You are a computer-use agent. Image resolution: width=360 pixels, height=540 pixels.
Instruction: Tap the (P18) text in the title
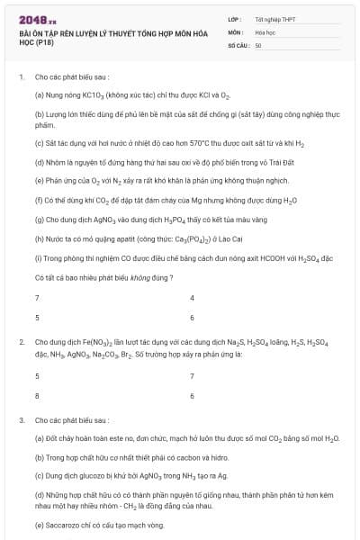(40, 42)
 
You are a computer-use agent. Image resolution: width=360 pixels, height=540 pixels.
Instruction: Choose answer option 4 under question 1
(192, 297)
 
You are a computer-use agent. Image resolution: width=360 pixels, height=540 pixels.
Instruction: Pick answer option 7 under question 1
(37, 297)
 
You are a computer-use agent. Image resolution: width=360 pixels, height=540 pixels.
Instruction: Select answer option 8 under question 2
(37, 395)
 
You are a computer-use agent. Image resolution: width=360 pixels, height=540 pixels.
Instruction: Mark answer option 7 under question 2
(192, 375)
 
